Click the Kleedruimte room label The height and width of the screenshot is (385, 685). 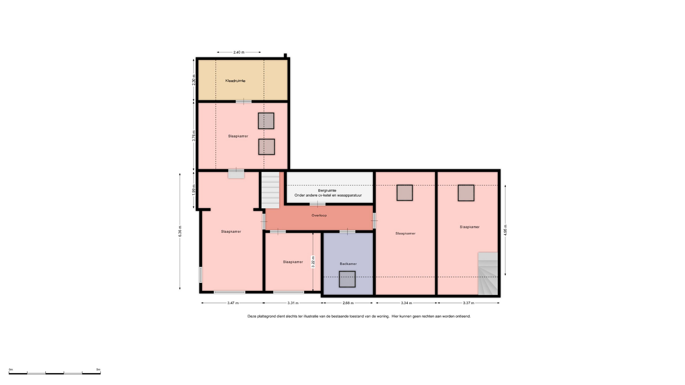click(x=235, y=81)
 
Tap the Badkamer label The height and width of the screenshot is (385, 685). click(x=348, y=264)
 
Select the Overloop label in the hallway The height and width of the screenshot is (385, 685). click(x=319, y=215)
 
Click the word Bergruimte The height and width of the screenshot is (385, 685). click(x=327, y=191)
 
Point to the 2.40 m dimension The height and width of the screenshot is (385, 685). click(x=239, y=52)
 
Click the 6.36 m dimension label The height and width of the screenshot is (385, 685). click(x=180, y=231)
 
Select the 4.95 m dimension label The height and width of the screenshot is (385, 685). click(x=506, y=230)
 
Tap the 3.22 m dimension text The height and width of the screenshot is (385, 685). click(x=313, y=262)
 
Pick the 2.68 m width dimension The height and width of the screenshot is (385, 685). click(x=348, y=303)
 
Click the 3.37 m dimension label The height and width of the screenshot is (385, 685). click(x=468, y=303)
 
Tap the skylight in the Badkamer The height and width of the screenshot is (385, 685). click(x=347, y=279)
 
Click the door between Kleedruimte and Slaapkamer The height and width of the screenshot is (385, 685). click(x=243, y=102)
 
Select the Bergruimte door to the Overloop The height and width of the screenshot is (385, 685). click(x=317, y=204)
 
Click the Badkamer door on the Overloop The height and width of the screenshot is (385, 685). click(x=347, y=232)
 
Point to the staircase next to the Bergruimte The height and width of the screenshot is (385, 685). click(x=270, y=190)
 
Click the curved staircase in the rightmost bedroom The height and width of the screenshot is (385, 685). click(x=488, y=274)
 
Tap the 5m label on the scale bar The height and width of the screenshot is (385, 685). click(x=98, y=370)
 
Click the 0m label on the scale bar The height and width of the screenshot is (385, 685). click(x=11, y=370)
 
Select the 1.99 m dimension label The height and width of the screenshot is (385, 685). click(x=194, y=189)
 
